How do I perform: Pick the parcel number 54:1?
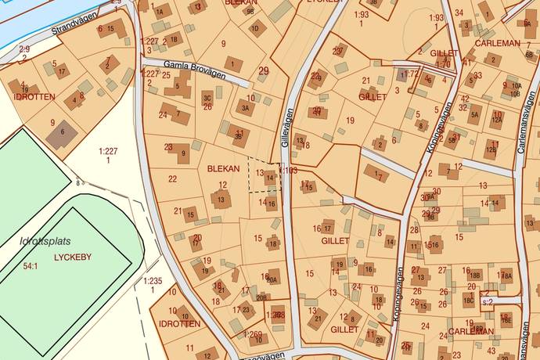pyautogui.click(x=31, y=266)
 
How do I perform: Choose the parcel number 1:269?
pyautogui.click(x=254, y=335)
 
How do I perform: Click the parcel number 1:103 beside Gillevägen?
pyautogui.click(x=289, y=170)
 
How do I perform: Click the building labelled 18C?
pyautogui.click(x=468, y=300)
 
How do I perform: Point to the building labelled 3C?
pyautogui.click(x=207, y=97)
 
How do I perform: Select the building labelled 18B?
pyautogui.click(x=474, y=275)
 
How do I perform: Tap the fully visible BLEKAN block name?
pyautogui.click(x=222, y=168)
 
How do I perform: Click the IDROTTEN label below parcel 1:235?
pyautogui.click(x=179, y=323)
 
